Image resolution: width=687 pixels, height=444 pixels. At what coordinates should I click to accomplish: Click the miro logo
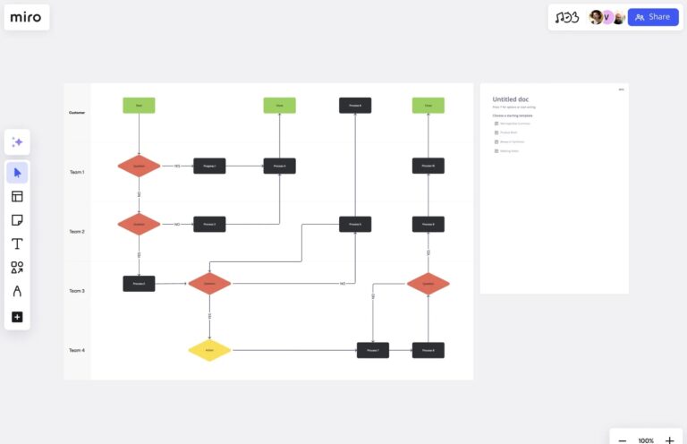point(26,17)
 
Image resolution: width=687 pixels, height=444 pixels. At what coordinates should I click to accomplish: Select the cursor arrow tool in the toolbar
point(17,173)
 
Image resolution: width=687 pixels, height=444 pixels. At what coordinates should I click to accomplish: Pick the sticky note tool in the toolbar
point(17,220)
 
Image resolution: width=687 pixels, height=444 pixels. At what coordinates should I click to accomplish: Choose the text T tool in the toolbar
point(17,243)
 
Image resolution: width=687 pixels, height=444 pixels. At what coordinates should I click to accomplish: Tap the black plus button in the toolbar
point(17,317)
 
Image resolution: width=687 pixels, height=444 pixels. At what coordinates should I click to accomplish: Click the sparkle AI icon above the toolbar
point(17,142)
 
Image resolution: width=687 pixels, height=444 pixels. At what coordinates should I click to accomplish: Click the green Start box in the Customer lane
point(139,106)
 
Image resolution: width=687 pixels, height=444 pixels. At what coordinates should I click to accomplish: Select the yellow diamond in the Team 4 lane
point(209,350)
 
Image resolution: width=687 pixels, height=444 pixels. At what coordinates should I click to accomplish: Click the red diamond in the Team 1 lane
point(139,166)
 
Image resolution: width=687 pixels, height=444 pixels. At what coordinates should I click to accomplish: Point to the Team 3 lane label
point(77,291)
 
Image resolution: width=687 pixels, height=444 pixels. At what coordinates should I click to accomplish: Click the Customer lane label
point(77,113)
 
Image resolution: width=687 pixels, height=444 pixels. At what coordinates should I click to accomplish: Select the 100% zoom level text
point(646,440)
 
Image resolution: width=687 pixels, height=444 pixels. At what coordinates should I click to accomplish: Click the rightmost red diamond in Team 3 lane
point(428,284)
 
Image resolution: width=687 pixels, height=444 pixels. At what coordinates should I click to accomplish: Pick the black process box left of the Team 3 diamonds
point(139,284)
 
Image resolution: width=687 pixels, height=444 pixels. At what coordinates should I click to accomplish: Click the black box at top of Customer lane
point(355,106)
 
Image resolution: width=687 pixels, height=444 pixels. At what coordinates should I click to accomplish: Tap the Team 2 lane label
point(77,232)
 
